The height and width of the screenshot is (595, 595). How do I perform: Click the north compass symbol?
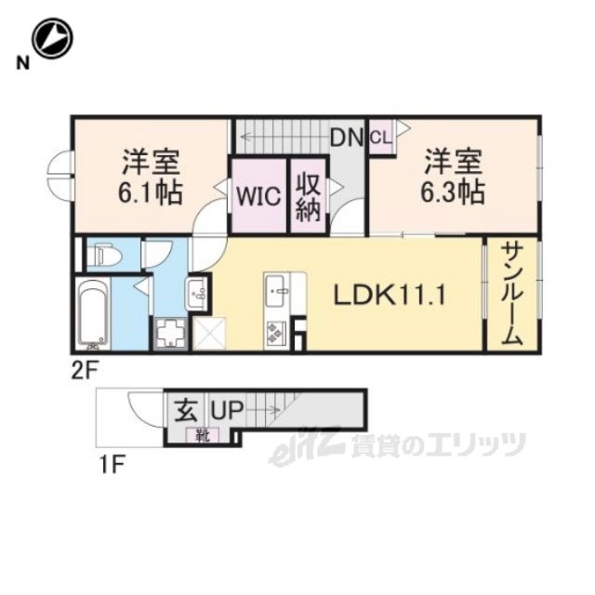52,38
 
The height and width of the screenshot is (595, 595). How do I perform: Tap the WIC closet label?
258,196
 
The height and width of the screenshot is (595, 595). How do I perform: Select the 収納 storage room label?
308,196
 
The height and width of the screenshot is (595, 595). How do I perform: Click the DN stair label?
347,138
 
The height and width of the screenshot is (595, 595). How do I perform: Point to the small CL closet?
381,137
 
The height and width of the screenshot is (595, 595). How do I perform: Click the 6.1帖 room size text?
151,192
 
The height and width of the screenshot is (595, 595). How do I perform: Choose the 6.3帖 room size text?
453,192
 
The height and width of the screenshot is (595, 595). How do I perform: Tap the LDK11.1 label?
390,296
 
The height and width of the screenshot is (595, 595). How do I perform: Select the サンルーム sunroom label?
512,294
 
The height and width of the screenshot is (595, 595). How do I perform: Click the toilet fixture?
104,255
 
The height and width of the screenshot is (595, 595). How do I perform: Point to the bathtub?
93,314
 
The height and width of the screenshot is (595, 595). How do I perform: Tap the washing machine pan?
171,333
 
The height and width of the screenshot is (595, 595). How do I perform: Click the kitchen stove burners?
275,334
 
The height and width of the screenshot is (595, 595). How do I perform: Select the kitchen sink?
275,291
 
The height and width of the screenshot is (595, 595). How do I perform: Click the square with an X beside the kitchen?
210,334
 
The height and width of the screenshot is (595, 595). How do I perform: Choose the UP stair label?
227,410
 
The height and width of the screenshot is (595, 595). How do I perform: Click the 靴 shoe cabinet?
203,435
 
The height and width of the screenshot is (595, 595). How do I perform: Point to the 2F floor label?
86,370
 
